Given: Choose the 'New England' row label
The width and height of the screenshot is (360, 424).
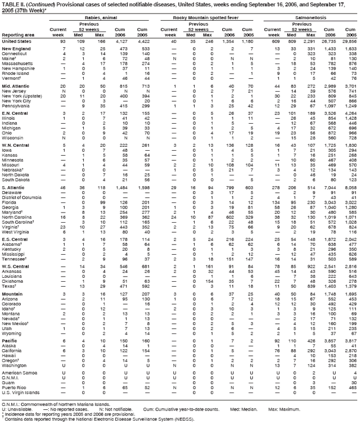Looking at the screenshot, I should click(16, 50).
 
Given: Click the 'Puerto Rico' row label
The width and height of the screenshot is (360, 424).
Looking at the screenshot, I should click(13, 389).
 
